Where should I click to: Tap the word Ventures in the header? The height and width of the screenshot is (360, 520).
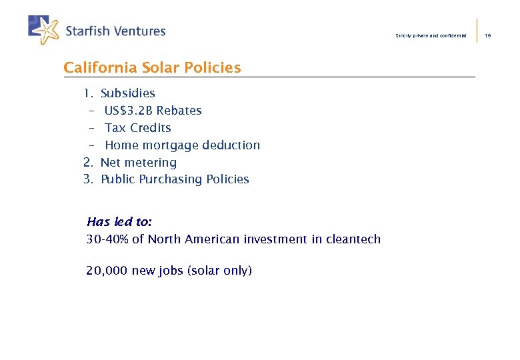(139, 31)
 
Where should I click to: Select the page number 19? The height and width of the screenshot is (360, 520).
(488, 35)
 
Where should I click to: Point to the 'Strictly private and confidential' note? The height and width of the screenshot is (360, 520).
(431, 35)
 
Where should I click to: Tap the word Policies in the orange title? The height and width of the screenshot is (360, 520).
(213, 67)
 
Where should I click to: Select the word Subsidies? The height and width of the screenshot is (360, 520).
(127, 93)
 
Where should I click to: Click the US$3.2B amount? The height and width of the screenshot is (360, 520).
(128, 111)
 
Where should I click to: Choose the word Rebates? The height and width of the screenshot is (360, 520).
(179, 111)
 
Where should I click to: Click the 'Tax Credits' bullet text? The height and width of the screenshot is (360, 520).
(138, 128)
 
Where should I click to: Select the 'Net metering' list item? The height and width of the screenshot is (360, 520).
(138, 163)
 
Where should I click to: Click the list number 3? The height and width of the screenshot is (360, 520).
(87, 179)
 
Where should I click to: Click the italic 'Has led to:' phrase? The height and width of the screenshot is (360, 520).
(119, 222)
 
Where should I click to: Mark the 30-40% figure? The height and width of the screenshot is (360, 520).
(108, 239)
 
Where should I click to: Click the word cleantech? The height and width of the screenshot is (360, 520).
(353, 239)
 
